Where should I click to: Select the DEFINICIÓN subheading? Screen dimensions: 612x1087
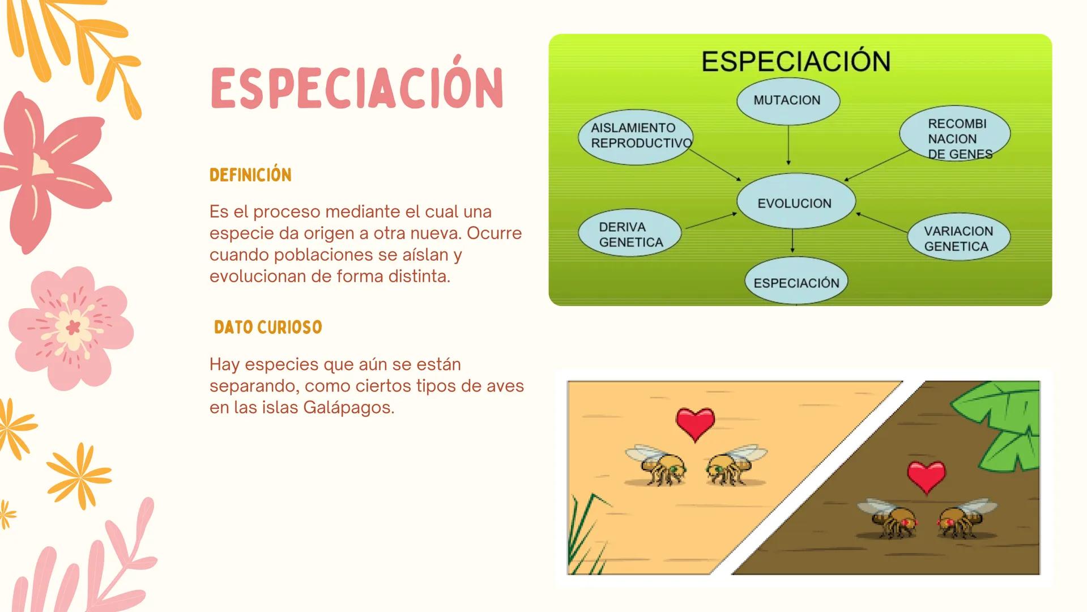point(250,175)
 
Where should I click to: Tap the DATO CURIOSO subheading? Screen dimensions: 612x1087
point(268,328)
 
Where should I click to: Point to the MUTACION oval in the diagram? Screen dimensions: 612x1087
point(788,101)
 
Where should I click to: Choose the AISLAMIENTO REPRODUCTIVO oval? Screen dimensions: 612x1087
point(635,137)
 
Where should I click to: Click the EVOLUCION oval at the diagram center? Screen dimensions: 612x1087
point(795,202)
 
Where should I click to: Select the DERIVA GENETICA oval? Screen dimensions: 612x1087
point(629,234)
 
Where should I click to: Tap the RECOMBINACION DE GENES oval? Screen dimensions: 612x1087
point(955,136)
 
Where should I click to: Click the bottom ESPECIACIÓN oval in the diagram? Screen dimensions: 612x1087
point(796,282)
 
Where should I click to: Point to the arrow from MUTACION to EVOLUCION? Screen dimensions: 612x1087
point(788,145)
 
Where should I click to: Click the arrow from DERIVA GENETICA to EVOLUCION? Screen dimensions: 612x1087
point(711,220)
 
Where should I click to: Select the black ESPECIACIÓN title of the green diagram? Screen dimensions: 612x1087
point(796,61)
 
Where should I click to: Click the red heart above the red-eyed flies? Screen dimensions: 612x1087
point(926,477)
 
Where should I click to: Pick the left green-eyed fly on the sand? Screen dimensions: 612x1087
point(658,466)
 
